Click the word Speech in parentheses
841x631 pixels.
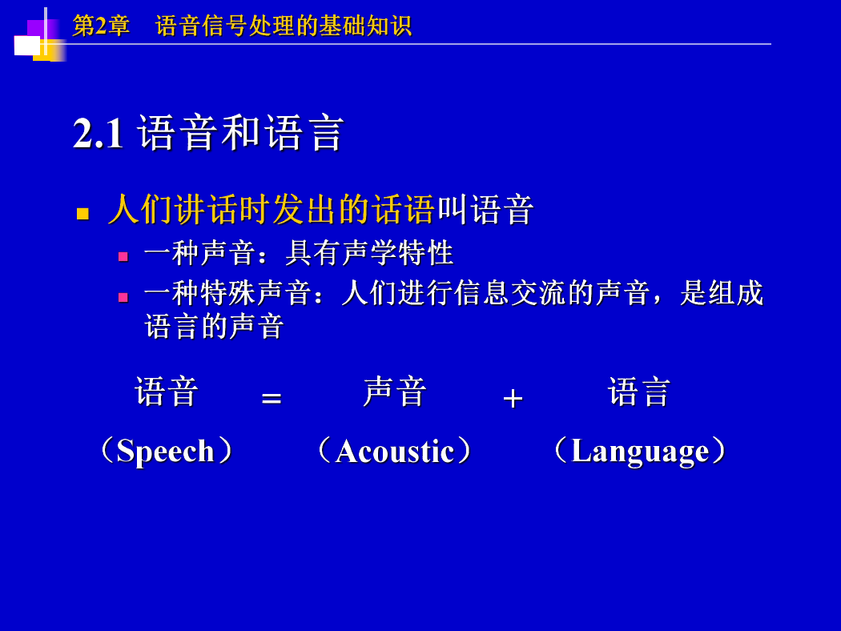point(165,451)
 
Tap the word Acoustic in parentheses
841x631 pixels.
point(395,451)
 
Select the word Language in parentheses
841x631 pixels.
point(640,452)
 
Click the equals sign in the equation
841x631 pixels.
point(272,398)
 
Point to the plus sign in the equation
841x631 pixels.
point(513,398)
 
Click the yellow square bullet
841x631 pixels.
point(82,214)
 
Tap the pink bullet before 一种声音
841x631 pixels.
point(123,257)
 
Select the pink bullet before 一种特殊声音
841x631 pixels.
point(123,298)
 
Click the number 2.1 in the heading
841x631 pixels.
point(99,132)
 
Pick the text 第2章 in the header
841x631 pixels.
point(101,26)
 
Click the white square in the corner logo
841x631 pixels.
point(26,46)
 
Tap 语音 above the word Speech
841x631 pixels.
point(167,392)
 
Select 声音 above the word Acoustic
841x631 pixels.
point(395,392)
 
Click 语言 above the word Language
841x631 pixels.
point(639,392)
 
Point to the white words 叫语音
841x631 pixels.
point(485,210)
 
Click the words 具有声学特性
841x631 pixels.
point(369,253)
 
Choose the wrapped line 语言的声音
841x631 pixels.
point(214,327)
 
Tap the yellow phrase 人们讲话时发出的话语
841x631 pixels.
point(271,209)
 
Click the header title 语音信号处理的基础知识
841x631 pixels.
point(284,26)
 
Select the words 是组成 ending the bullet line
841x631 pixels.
point(722,293)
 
